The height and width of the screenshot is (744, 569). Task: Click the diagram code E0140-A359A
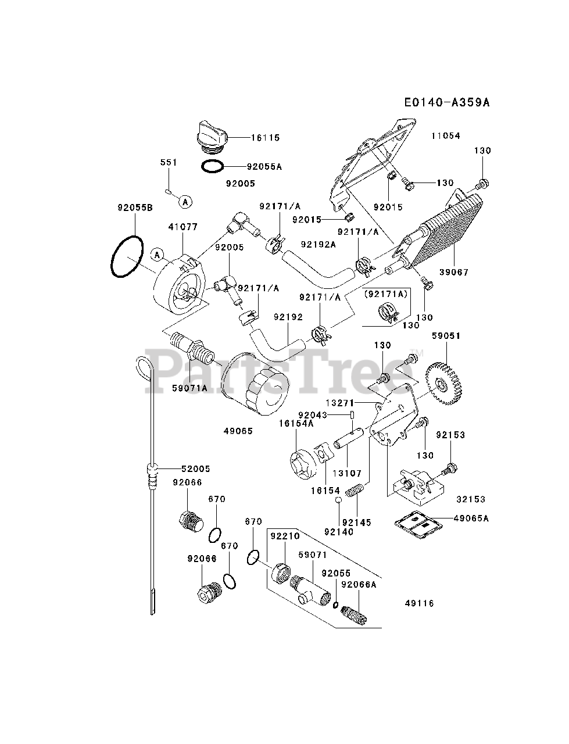[447, 102]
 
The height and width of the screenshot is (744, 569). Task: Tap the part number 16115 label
[266, 138]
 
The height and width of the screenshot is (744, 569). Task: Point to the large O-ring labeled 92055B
[127, 257]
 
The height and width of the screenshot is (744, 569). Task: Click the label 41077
[183, 227]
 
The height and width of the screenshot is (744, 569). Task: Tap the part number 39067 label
[454, 272]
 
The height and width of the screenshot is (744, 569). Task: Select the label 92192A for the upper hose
[319, 244]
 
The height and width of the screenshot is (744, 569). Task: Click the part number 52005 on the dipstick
[195, 468]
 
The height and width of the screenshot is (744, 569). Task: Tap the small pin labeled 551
[168, 192]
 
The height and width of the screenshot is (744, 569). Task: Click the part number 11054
[446, 136]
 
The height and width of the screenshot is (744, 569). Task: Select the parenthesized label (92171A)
[387, 294]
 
